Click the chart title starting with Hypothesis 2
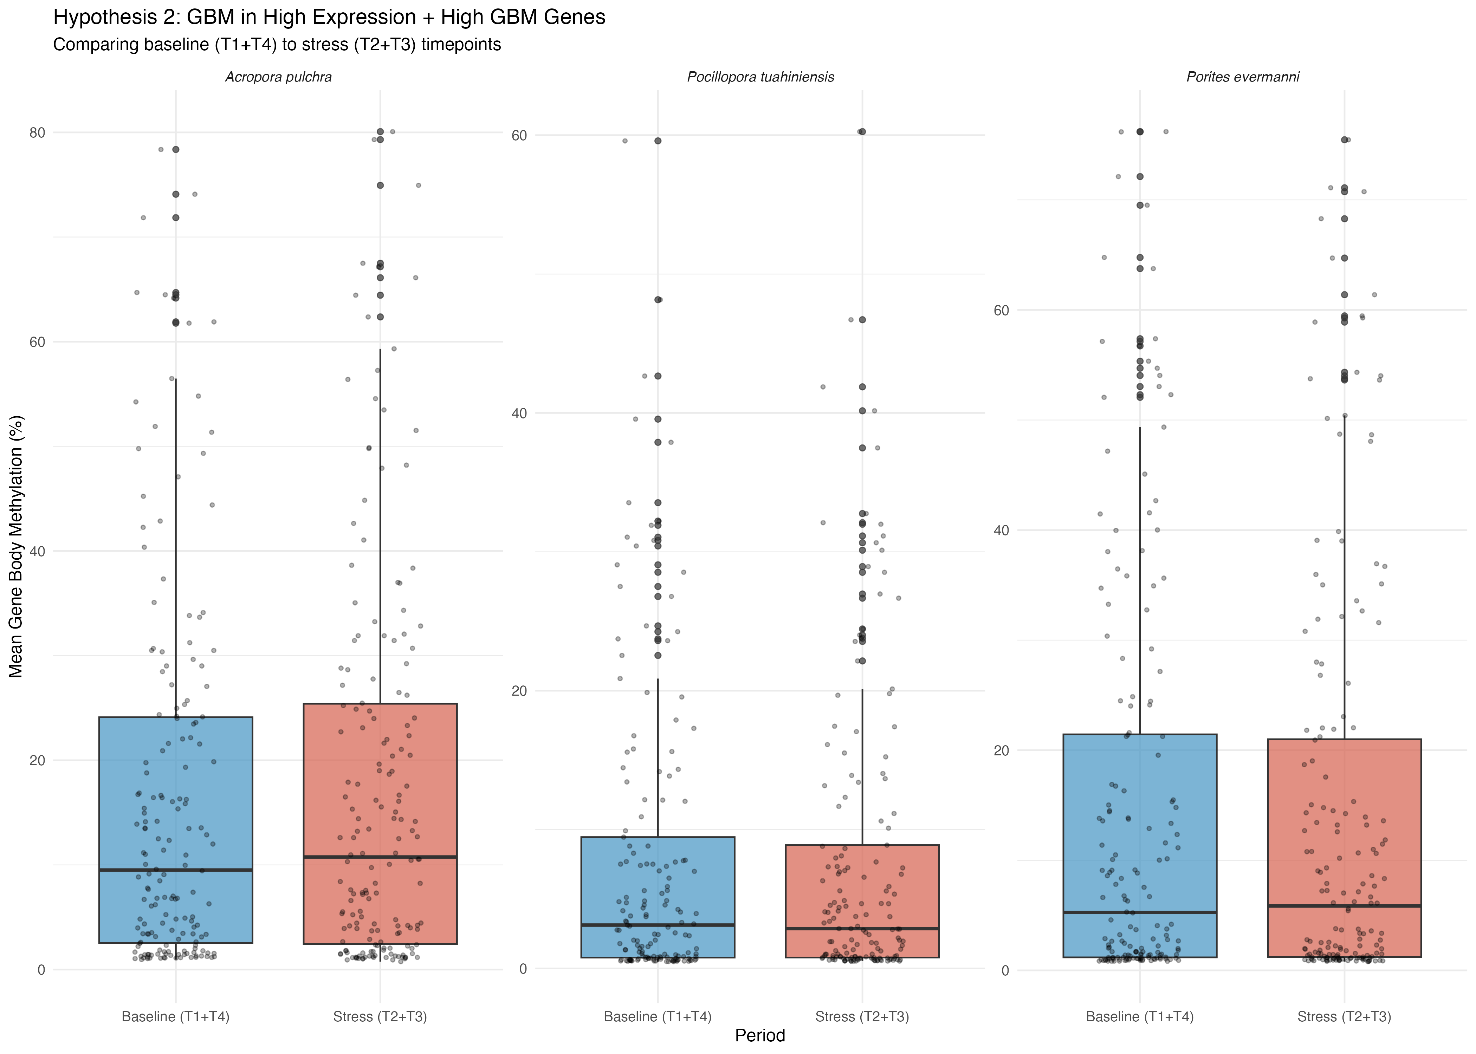point(329,18)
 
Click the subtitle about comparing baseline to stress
point(277,45)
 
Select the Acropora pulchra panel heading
point(278,77)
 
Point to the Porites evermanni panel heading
point(1242,77)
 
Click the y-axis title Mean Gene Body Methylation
point(16,546)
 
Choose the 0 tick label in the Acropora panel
point(41,970)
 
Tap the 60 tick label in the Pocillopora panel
point(519,136)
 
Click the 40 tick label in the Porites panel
point(1002,530)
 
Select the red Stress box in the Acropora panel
point(380,779)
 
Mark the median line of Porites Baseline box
point(1140,912)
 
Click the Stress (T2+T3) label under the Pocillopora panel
point(862,1016)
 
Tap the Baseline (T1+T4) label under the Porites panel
point(1140,1016)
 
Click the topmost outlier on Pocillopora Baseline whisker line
point(658,141)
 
